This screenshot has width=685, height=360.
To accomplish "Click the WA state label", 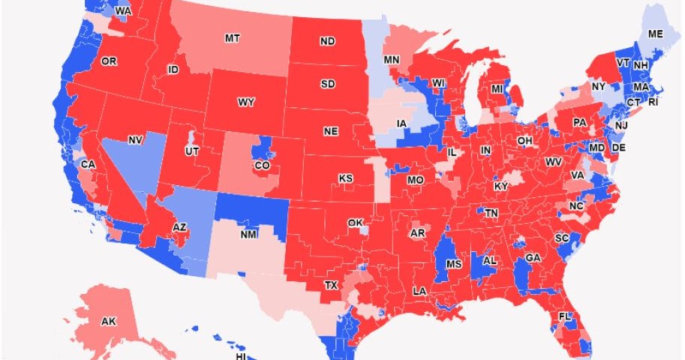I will pos(123,12).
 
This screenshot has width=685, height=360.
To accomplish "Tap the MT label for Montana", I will pos(233,37).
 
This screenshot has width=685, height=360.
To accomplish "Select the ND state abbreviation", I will pos(328,42).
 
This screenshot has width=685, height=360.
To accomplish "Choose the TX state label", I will pos(331,285).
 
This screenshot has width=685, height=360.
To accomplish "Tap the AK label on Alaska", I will pos(108,322).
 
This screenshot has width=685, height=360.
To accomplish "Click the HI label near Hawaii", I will pos(241,356).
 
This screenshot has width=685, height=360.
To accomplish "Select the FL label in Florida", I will pos(565,316).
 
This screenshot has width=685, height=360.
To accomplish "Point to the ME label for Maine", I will pos(655,34).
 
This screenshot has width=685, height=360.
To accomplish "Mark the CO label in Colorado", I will pos(263,166).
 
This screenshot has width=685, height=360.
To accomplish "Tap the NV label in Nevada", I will pos(136,139).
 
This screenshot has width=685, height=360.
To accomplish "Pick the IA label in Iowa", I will pos(402,124).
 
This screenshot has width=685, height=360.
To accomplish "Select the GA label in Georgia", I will pos(533,257).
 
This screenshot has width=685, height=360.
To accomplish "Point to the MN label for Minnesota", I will pos(392,59).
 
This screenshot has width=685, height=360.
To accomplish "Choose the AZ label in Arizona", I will pos(179,226).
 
